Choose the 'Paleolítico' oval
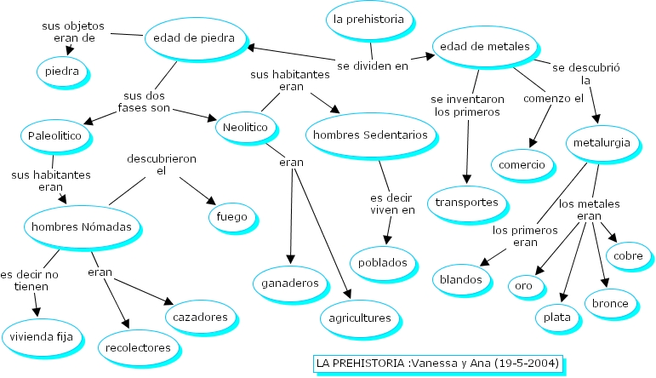[x=54, y=135]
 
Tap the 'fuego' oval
[x=232, y=216]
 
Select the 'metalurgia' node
[x=602, y=142]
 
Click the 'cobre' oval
[x=629, y=255]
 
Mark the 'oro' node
[x=523, y=285]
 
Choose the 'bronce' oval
[x=610, y=303]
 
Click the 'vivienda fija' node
[x=42, y=335]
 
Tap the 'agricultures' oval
[x=360, y=318]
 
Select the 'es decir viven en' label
[x=392, y=204]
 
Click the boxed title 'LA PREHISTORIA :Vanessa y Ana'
[x=437, y=364]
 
